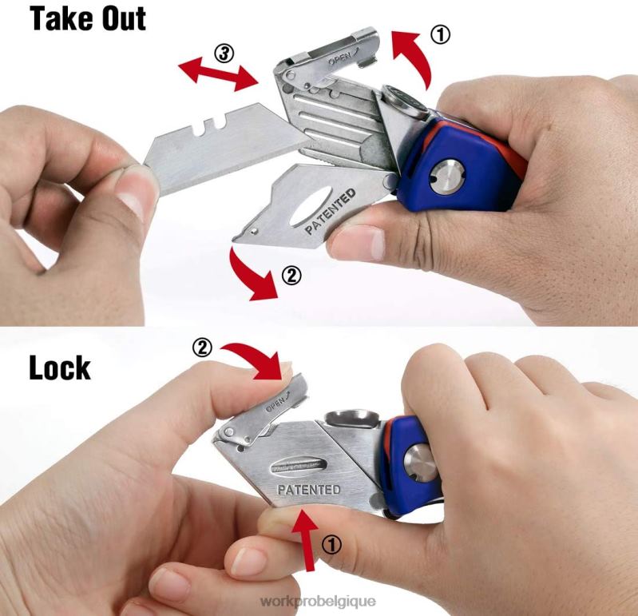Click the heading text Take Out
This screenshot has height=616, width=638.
click(88, 18)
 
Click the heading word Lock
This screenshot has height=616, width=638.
click(59, 368)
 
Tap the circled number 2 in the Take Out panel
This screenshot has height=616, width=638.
click(291, 276)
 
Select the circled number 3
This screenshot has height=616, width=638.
click(225, 54)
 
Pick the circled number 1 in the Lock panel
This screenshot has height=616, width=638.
click(331, 544)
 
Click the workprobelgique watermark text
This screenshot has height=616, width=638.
click(319, 600)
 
